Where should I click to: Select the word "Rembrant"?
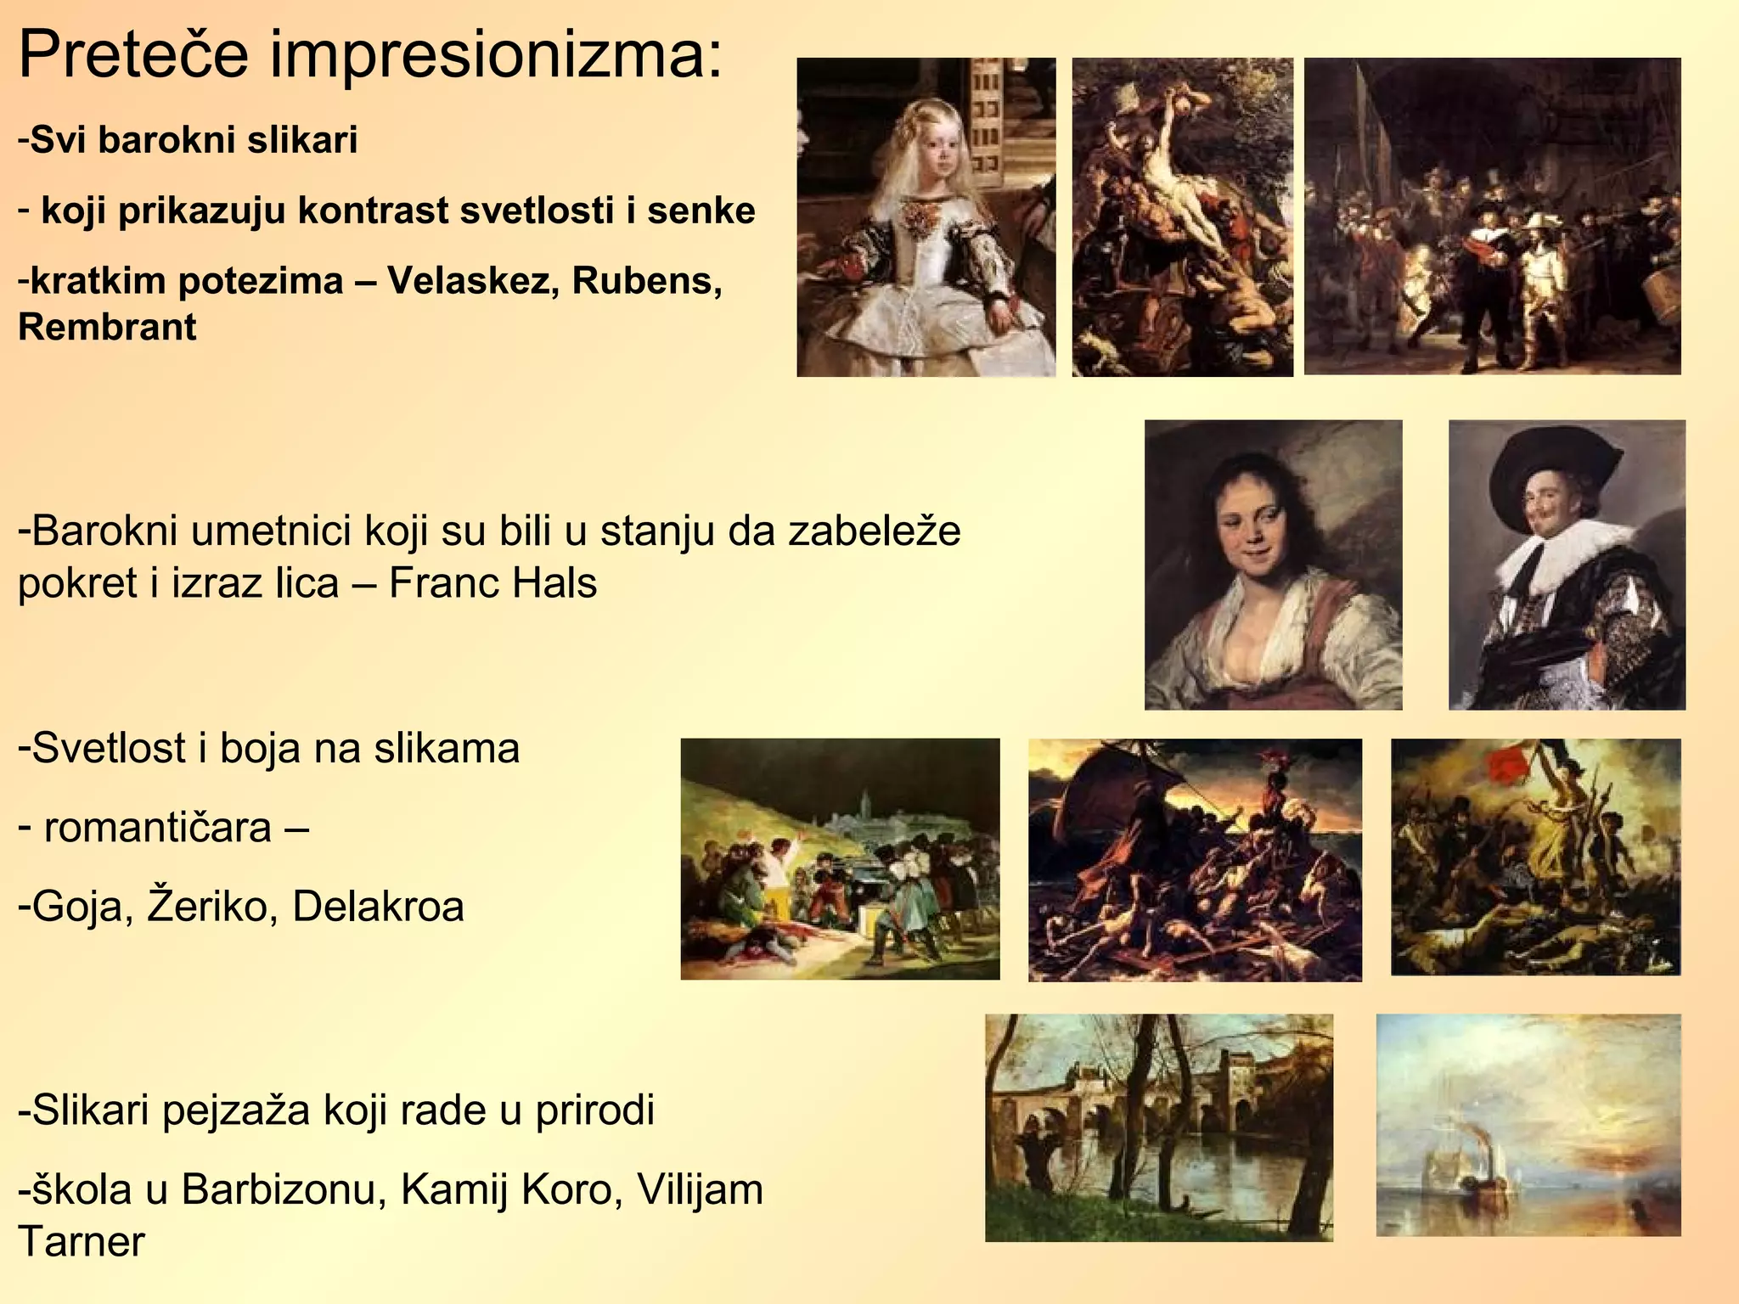[x=107, y=328]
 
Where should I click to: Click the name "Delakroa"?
[x=378, y=907]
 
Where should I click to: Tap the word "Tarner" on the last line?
[x=82, y=1242]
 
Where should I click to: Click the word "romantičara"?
[x=157, y=828]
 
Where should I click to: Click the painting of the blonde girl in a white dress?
[x=926, y=216]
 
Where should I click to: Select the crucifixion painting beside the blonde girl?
[x=1182, y=216]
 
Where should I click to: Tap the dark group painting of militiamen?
[x=1492, y=216]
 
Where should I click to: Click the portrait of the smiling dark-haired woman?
[x=1273, y=565]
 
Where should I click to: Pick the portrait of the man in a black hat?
[x=1567, y=565]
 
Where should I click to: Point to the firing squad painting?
[x=840, y=858]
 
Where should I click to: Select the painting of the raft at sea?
[x=1195, y=860]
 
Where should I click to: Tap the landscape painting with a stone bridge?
[x=1158, y=1127]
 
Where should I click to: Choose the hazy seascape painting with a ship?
[x=1528, y=1125]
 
